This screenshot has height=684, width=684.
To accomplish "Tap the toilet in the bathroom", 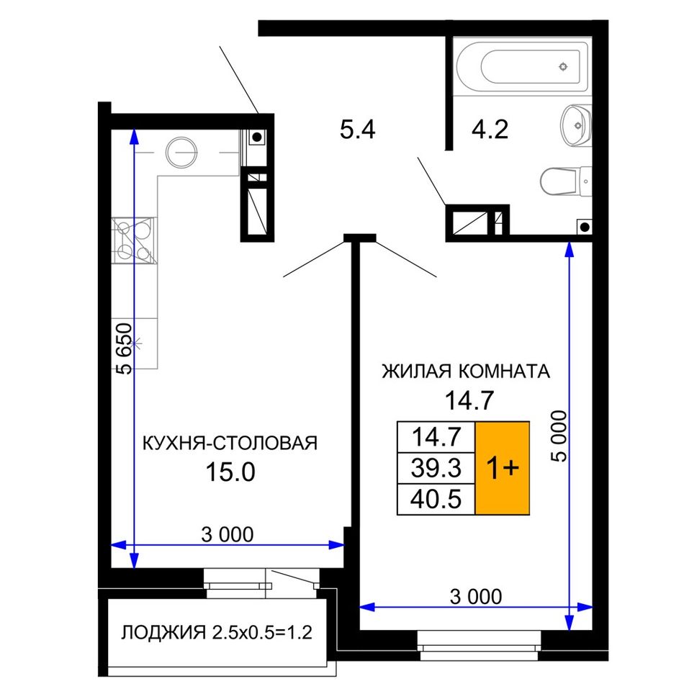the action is [x=566, y=181].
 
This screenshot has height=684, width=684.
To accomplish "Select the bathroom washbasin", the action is [x=576, y=126].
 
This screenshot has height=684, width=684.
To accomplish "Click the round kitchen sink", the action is [x=181, y=152].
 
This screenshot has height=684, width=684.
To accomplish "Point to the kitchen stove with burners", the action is [x=134, y=240].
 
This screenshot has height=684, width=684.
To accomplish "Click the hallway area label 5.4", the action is [x=357, y=130].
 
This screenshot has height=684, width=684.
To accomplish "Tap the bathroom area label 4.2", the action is [x=490, y=130].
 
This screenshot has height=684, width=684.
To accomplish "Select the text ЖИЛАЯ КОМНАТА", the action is [x=466, y=372].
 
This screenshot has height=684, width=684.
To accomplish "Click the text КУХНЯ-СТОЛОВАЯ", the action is [x=230, y=443].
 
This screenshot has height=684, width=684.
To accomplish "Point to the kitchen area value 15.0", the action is [x=230, y=472].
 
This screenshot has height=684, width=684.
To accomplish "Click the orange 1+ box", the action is [x=503, y=468].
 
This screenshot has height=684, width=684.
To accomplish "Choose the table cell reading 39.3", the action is [x=436, y=468].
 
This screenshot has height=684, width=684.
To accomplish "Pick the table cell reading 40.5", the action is [x=436, y=499].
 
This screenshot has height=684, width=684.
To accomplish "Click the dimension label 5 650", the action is [x=124, y=348].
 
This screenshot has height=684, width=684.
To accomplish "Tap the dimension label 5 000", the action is [x=559, y=436].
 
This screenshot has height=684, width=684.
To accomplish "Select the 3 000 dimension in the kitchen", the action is [x=228, y=535].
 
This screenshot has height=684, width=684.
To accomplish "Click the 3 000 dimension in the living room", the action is [x=476, y=597].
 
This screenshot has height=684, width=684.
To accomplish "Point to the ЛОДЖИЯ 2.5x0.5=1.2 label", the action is [x=217, y=633].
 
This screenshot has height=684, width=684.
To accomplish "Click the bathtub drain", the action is [x=564, y=67].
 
